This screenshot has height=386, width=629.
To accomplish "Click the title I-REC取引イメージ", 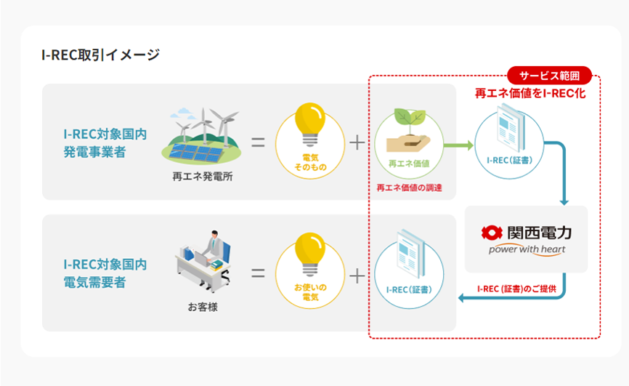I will [101, 55].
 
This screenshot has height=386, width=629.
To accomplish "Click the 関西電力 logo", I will [526, 233].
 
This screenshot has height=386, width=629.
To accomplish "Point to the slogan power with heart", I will [527, 250].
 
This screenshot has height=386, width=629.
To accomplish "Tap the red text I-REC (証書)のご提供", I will [516, 289].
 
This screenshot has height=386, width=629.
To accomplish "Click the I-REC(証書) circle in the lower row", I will [409, 273].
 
